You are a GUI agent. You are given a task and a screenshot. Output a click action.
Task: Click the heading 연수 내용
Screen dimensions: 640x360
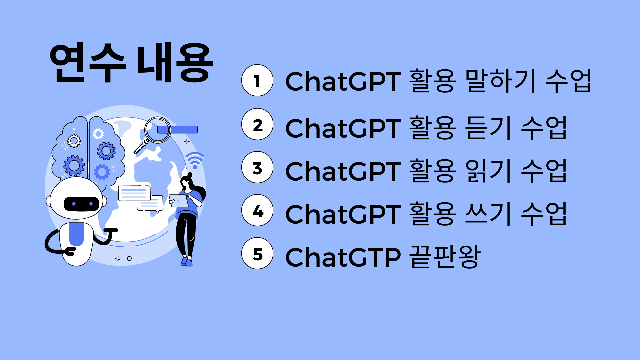point(131,62)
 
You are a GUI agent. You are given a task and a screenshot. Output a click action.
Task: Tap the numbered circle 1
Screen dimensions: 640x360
point(257,81)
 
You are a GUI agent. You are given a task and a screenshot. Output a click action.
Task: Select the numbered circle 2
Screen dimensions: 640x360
point(257,124)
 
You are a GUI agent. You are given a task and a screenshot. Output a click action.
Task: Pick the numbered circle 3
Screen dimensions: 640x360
point(257,167)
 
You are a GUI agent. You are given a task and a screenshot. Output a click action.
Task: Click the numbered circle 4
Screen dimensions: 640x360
point(257,210)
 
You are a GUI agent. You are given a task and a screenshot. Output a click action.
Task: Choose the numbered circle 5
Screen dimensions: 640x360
point(257,253)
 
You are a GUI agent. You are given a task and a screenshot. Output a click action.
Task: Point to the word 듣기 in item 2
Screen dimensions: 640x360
point(488,128)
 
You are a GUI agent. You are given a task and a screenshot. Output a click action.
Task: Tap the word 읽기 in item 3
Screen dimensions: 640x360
point(488,171)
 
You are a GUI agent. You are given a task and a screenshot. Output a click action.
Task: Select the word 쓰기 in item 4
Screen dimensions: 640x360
point(488,214)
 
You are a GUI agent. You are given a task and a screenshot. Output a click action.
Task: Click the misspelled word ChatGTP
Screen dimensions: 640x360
point(343,257)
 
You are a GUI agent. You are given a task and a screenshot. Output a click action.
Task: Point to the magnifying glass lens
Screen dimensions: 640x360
point(158,130)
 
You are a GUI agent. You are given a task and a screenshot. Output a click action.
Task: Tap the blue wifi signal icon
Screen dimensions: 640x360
point(195,160)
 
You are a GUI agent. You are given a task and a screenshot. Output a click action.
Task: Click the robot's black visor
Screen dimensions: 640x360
point(81,204)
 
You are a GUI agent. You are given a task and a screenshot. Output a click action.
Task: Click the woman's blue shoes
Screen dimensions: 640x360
point(187,262)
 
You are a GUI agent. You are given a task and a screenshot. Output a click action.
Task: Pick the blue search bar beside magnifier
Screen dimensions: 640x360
point(178,130)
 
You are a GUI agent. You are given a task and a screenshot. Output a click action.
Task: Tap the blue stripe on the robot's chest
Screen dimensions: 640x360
point(76,234)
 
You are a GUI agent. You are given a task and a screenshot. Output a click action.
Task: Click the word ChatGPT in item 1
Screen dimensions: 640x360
point(343,81)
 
